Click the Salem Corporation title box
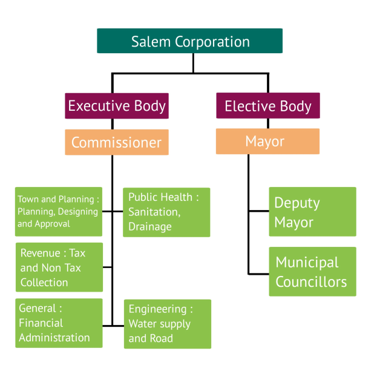click(189, 41)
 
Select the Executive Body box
click(117, 106)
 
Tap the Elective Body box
click(267, 107)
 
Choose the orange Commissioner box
click(117, 143)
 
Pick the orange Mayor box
click(267, 142)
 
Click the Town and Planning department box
click(59, 211)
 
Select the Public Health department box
click(166, 212)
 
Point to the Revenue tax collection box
click(59, 267)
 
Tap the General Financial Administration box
click(59, 323)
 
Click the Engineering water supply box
click(167, 324)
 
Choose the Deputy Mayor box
click(312, 212)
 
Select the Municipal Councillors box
click(312, 272)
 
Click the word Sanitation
click(154, 212)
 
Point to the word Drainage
click(150, 226)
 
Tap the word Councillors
click(311, 282)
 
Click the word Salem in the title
click(151, 42)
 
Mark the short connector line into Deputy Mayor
click(258, 211)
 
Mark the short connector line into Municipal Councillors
click(258, 273)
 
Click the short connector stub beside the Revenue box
click(107, 267)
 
